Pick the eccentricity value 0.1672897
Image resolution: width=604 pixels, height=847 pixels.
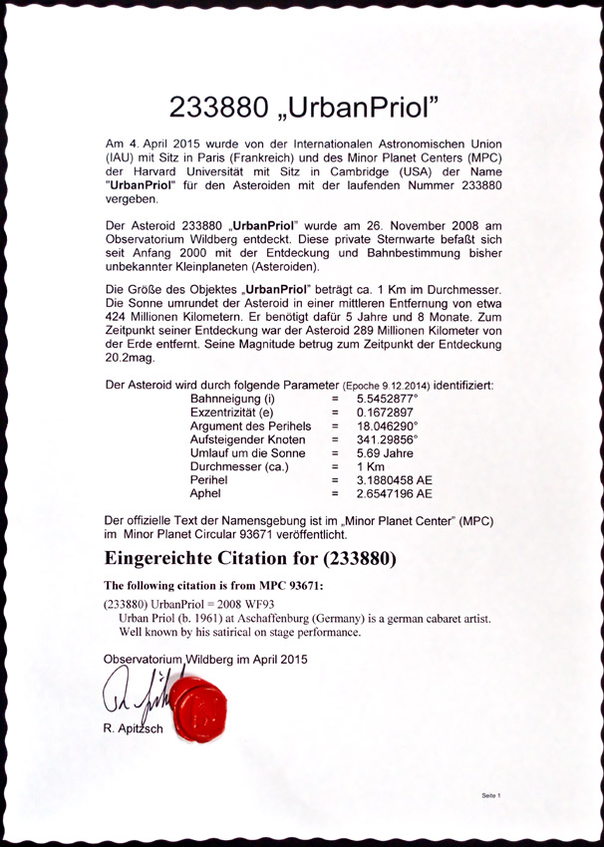point(387,413)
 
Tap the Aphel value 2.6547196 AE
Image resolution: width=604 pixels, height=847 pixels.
point(395,493)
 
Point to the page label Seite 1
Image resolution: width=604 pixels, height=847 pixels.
point(489,796)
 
